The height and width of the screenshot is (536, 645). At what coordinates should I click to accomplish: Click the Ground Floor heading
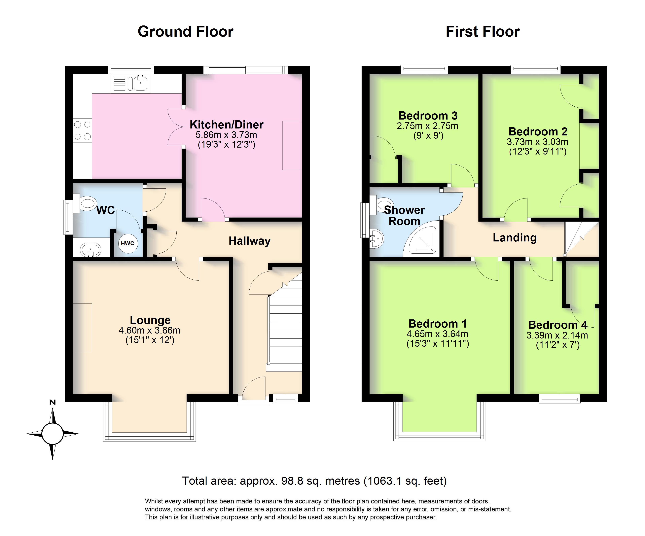[x=186, y=32]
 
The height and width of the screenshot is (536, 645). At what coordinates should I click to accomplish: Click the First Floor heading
[x=483, y=32]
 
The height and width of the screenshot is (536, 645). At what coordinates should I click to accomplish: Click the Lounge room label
[x=150, y=320]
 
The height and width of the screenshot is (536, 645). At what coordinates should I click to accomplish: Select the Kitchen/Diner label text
[x=227, y=125]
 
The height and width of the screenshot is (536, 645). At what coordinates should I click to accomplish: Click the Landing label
[x=515, y=238]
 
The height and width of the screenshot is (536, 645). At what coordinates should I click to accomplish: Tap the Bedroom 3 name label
[x=428, y=116]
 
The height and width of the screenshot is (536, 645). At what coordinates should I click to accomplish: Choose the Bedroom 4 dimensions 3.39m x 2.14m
[x=557, y=335]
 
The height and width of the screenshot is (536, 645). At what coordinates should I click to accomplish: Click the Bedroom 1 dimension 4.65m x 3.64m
[x=437, y=334]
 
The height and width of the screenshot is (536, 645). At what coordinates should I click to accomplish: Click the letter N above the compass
[x=53, y=402]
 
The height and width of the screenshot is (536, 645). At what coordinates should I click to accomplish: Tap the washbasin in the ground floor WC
[x=90, y=250]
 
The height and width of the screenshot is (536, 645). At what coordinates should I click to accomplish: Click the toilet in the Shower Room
[x=381, y=205]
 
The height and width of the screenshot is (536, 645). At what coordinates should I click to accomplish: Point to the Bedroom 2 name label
[x=538, y=131]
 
